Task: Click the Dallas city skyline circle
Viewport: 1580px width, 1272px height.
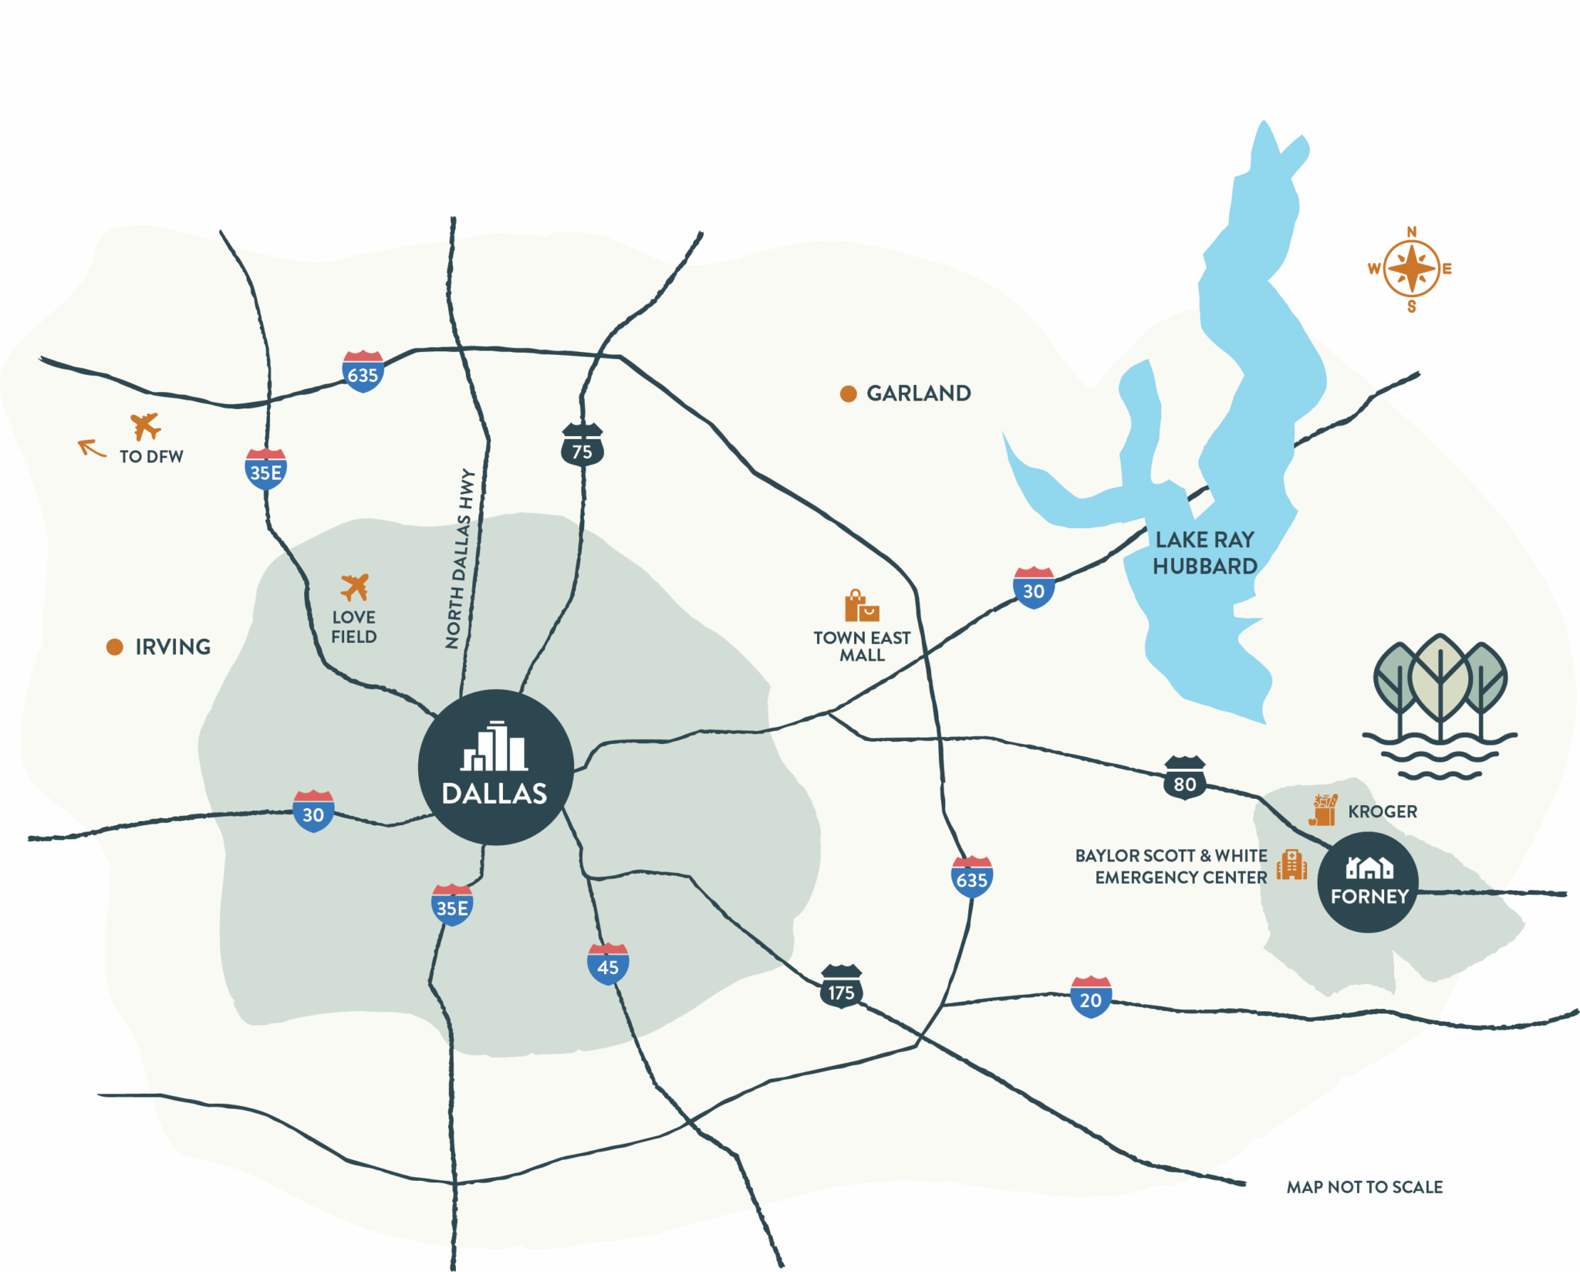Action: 495,766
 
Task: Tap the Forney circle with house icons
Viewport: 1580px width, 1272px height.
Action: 1368,881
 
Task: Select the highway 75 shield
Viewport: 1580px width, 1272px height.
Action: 582,445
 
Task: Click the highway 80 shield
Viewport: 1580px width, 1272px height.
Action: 1184,778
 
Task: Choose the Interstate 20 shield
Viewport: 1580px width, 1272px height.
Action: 1090,996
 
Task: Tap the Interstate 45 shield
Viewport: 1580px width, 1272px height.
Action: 608,963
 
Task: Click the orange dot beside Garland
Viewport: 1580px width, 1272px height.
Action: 848,394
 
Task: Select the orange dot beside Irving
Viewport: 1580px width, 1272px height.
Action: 115,647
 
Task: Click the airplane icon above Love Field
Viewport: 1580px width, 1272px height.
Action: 355,587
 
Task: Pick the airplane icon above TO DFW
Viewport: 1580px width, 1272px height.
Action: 145,425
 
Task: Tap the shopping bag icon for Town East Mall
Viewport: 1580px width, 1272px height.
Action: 861,606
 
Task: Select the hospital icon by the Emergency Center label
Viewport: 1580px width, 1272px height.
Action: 1291,864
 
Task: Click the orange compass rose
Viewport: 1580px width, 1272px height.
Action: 1411,269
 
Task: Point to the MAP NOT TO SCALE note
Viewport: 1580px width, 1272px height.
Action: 1364,1187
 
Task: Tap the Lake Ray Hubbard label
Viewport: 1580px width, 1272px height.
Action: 1205,553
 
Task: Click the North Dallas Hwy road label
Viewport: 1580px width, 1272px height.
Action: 460,558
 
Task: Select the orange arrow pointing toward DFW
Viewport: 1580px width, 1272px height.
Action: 91,448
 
